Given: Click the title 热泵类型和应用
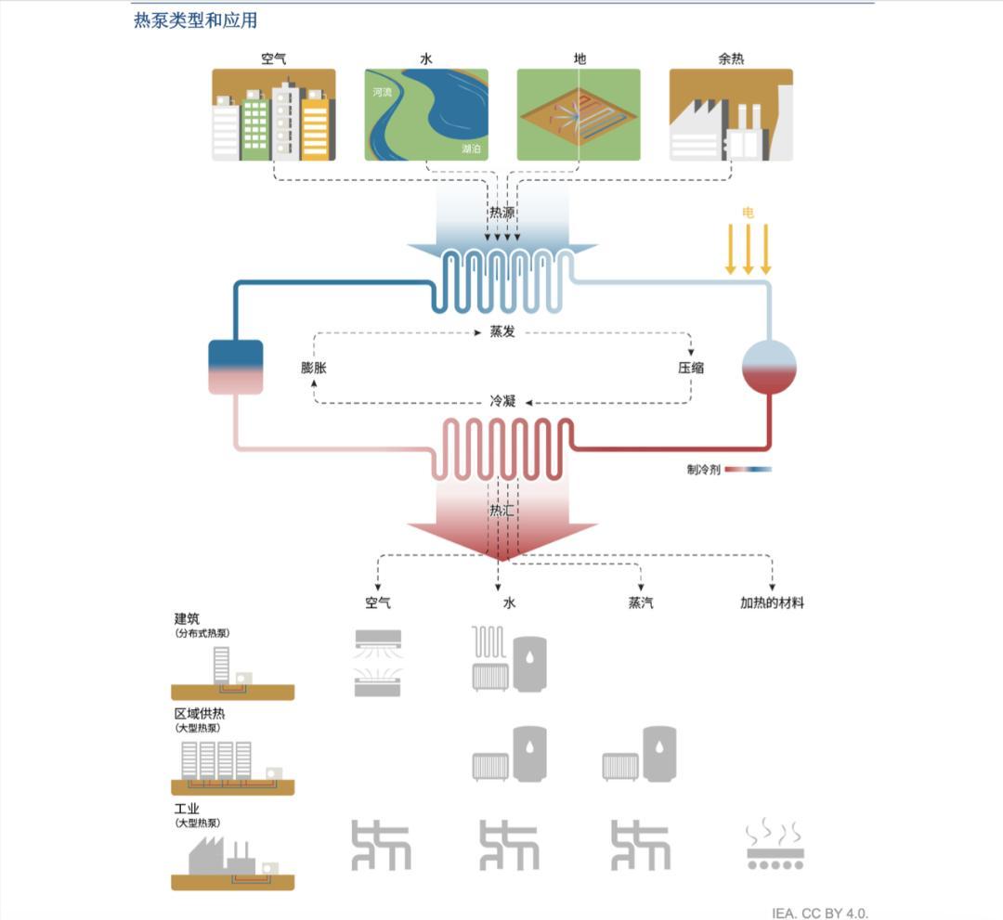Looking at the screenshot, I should pos(196,20).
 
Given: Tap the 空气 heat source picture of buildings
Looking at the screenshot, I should pos(273,115).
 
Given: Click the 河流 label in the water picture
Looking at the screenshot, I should pos(382,93).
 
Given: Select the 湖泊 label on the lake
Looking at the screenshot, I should pos(472,149).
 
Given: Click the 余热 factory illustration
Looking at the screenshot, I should pos(731,115).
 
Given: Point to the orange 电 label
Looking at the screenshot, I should pos(749,213).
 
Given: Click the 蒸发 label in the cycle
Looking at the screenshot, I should pos(502,331).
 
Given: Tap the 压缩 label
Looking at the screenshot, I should pos(691,368).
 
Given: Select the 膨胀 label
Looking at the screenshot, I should pos(314,368).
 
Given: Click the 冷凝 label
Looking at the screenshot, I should pos(502,401).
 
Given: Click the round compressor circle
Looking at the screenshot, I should pos(769,367).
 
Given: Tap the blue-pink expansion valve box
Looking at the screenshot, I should pos(236,367).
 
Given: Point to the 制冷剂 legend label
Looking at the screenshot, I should pos(703,470).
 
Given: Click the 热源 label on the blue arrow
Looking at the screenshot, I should pos(502,213).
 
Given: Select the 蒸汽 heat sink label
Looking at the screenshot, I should pos(641,603).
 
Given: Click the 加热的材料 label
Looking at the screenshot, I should pos(772,603).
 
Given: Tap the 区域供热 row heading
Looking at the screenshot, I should pos(200,713).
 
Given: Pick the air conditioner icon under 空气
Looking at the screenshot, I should pos(380,662).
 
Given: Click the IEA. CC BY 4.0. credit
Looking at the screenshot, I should pos(820,913).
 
